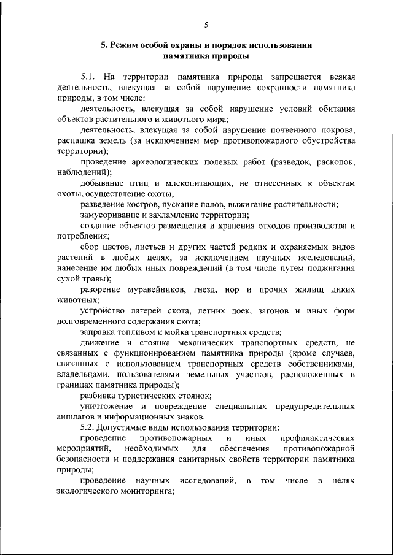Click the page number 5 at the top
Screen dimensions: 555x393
(206, 25)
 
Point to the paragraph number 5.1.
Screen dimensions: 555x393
(89, 77)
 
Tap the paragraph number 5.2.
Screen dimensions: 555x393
(89, 426)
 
